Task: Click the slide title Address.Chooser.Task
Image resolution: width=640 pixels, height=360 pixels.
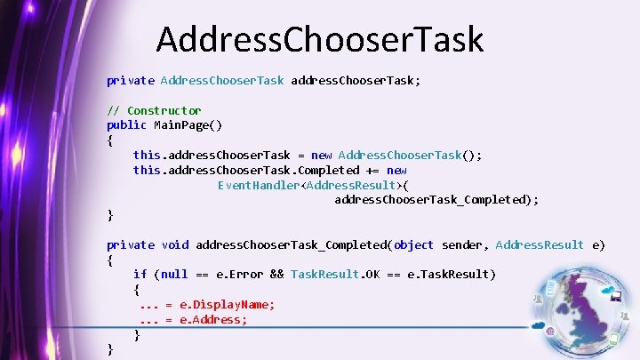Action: pos(320,40)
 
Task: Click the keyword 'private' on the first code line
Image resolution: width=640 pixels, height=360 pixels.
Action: pos(130,80)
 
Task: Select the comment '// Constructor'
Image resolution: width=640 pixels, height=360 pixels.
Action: pos(154,110)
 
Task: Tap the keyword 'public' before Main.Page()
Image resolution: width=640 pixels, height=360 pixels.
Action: pos(126,124)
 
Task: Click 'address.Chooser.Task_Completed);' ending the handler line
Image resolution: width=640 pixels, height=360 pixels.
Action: pos(436,200)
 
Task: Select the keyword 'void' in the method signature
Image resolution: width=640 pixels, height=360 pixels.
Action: pos(175,244)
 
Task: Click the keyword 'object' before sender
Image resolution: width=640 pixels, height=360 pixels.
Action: pos(413,244)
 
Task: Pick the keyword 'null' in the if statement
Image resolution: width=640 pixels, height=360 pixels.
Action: pos(175,274)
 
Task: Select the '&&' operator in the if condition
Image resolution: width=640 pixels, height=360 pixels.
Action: pos(276,274)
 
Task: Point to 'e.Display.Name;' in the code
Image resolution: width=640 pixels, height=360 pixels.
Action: pos(228,304)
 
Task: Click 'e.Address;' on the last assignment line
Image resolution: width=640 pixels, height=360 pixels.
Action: pos(213,319)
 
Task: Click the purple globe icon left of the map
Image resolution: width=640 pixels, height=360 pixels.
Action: pos(552,332)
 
